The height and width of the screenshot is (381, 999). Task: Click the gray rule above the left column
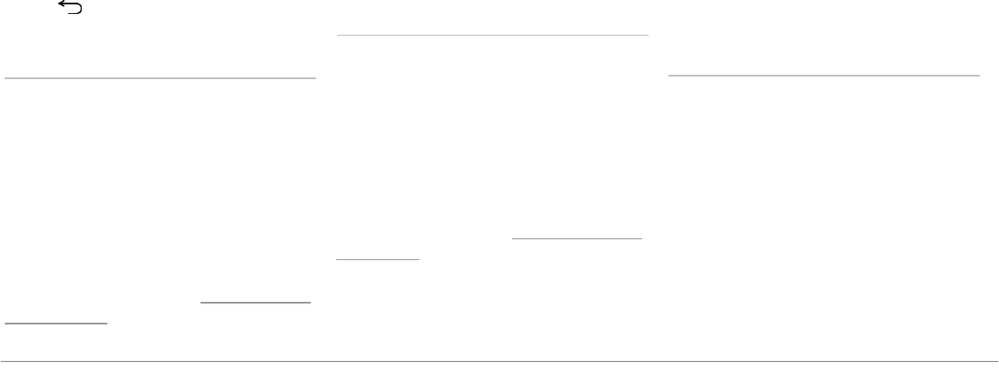[x=160, y=77]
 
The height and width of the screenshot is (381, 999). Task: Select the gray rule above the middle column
[x=493, y=36]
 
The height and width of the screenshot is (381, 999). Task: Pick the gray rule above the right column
[x=824, y=76]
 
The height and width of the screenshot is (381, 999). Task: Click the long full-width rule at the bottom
[x=499, y=360]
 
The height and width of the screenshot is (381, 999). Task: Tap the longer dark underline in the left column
[x=256, y=303]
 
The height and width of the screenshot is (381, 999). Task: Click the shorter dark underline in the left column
[x=56, y=323]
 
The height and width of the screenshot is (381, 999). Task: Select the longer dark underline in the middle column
[x=576, y=237]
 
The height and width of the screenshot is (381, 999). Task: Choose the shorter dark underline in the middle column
[x=377, y=258]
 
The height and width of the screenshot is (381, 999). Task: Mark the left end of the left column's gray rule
[x=6, y=77]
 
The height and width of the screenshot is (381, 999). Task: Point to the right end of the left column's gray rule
[x=315, y=77]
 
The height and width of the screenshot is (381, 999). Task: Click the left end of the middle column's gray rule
[x=338, y=36]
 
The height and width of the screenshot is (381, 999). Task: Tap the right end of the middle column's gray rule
[x=649, y=36]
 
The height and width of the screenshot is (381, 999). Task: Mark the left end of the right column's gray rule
[x=669, y=76]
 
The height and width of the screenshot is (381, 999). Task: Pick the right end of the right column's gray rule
[x=979, y=76]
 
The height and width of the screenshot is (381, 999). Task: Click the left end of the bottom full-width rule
[x=2, y=360]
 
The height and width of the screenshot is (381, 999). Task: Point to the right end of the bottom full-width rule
[x=996, y=360]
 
